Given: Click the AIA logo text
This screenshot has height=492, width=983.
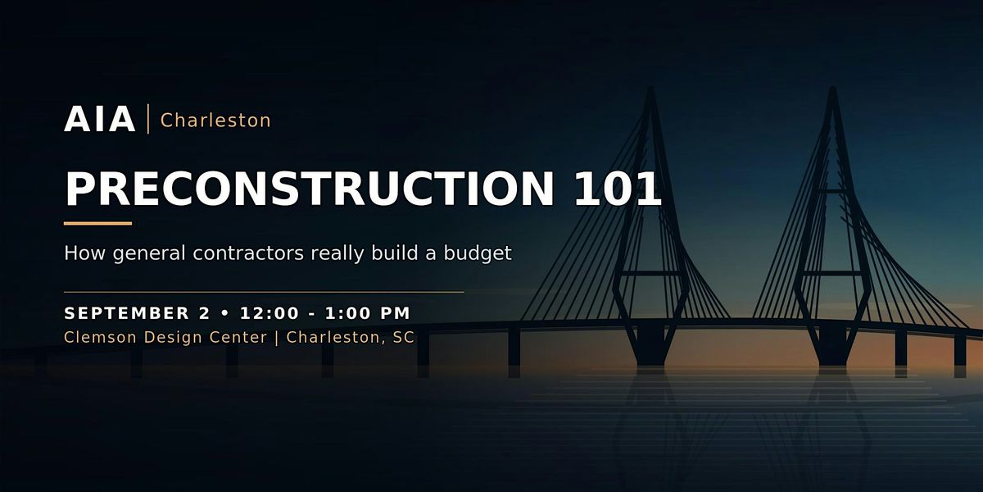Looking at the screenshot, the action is point(100,119).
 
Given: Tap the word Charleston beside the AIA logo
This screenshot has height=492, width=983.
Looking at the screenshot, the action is point(216,121).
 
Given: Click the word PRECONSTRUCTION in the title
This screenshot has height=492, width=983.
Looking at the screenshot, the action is point(310,189).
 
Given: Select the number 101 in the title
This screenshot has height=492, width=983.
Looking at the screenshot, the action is point(618,189).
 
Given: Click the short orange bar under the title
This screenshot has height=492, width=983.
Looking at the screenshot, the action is point(97,223).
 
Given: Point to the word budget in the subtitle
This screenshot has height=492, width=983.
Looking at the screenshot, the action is point(478,253).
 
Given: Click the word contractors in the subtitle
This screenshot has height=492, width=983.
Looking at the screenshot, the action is point(248,253).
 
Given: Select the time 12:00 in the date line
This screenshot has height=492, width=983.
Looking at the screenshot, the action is point(270,313).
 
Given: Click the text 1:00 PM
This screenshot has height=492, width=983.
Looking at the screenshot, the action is point(368,313).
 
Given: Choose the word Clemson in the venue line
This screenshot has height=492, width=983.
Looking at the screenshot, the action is point(101,337).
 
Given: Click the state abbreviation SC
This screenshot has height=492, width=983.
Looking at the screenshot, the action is point(403,337).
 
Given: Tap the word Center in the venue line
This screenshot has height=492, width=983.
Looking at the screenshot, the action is point(238,337).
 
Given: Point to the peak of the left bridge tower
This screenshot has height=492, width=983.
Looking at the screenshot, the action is point(650,87).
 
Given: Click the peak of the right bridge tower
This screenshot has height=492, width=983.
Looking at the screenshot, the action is point(832,87).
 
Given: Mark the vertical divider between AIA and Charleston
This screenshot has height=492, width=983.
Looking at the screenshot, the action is point(148,119).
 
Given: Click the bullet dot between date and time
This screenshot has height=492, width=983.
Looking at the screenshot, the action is point(225,313).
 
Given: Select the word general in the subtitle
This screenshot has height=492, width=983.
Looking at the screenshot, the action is point(149,254).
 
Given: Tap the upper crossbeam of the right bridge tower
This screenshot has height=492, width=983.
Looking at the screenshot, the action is point(832,191).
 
